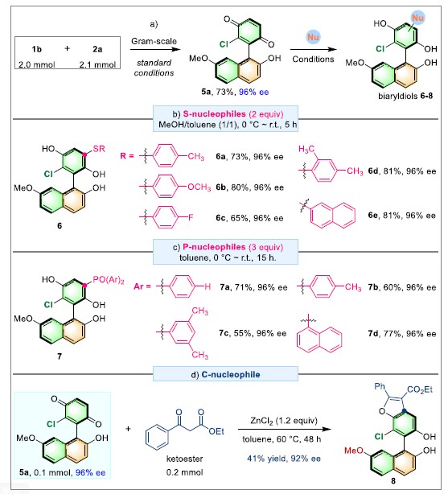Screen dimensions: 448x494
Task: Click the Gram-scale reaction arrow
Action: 155,49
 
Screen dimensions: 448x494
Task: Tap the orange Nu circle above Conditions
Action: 313,37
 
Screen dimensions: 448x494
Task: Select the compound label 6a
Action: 220,157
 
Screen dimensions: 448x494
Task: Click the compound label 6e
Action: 373,215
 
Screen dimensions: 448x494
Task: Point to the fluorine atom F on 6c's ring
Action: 191,217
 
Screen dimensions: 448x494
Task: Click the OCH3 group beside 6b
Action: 199,187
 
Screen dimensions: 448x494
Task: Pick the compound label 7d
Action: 373,333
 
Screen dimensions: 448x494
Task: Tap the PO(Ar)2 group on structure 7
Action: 109,280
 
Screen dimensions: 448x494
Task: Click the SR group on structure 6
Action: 99,149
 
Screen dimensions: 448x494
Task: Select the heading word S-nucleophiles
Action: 214,113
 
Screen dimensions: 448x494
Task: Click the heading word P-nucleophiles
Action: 214,247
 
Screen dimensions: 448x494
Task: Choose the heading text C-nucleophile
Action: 231,374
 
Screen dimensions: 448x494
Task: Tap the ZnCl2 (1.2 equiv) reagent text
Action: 284,421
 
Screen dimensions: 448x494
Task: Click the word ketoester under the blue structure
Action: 185,459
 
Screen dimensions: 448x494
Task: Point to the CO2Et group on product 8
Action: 420,389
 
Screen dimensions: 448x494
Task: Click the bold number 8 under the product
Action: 393,481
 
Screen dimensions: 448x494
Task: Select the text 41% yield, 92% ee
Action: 284,459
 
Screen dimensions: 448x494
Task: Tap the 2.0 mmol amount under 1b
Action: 36,64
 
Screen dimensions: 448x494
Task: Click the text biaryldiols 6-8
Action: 405,96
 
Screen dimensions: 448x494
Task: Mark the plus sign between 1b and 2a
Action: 67,48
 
